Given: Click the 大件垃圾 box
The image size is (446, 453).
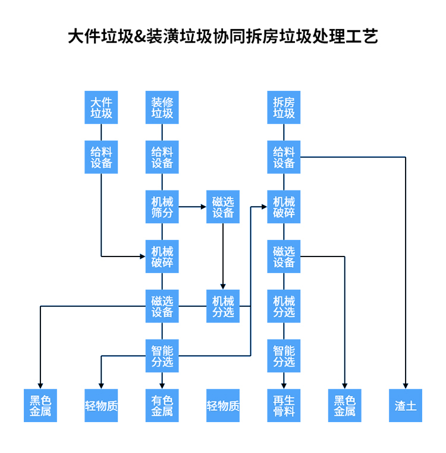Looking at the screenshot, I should click(x=101, y=107).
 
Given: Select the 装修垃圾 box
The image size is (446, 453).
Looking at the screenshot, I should click(x=162, y=107).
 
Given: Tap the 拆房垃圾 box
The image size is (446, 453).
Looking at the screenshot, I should click(x=284, y=107).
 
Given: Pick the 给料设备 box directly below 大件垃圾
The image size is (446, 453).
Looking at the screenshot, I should click(x=101, y=157).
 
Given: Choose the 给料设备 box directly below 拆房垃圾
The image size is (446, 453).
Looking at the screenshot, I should click(x=284, y=157).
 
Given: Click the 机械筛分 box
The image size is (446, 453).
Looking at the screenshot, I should click(x=162, y=207).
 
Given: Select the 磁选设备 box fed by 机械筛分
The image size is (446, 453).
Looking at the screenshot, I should click(x=223, y=207).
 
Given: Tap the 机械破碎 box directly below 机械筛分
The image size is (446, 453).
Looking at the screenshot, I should click(x=162, y=256).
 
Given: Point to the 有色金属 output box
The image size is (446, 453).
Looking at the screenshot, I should click(x=162, y=406).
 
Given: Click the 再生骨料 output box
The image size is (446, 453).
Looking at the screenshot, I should click(x=284, y=406).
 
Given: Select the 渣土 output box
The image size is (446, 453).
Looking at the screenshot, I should click(x=406, y=406).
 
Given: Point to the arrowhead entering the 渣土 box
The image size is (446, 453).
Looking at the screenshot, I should click(x=406, y=385).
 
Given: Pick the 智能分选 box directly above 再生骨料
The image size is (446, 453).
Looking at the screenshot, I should click(x=284, y=356).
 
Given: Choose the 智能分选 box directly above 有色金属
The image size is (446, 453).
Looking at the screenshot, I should click(x=162, y=356).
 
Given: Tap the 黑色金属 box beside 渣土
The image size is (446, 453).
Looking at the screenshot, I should click(x=345, y=406).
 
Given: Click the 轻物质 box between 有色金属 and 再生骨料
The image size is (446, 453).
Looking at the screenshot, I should click(x=223, y=406).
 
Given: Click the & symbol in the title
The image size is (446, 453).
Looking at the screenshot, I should click(x=140, y=36).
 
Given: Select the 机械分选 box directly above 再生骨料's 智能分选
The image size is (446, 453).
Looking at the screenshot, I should click(x=284, y=306).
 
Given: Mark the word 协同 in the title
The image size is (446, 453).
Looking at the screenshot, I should click(x=229, y=36).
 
